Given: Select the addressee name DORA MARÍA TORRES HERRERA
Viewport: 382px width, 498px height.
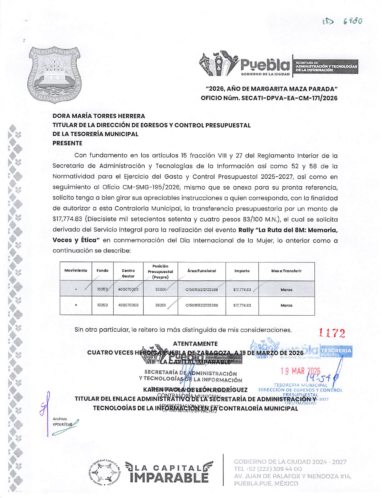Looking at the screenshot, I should click(99, 116).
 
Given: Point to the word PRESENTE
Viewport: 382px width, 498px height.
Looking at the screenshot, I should click(67, 143).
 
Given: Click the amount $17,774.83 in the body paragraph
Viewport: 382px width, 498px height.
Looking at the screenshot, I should click(67, 219).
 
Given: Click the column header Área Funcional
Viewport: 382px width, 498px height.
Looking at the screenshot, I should click(202, 271).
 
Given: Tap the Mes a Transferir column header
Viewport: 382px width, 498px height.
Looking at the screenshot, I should click(286, 271).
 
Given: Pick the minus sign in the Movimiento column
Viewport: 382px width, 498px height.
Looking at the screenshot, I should click(76, 289).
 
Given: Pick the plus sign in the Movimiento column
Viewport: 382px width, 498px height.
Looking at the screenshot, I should click(76, 305).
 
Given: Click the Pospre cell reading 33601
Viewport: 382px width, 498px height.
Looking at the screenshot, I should click(160, 289).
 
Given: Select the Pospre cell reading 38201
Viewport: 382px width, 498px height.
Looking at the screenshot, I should click(160, 305).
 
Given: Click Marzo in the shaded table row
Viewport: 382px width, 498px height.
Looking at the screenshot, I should click(286, 289).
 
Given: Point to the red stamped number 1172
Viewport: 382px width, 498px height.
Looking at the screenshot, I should click(332, 333).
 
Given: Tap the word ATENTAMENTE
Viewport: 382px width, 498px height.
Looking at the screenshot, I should click(195, 344).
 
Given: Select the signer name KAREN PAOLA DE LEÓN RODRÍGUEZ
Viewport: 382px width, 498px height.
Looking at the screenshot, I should click(196, 390).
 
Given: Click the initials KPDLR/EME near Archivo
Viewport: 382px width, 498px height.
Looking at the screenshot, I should click(63, 424).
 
